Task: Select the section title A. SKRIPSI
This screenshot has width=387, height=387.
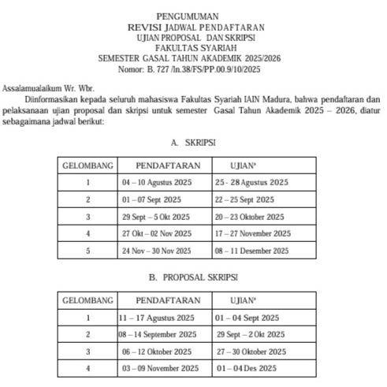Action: [193, 144]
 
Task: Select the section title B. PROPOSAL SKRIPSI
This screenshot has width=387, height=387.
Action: [193, 278]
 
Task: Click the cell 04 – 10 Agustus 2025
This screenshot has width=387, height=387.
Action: [157, 183]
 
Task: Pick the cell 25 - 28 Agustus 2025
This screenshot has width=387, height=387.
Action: [251, 183]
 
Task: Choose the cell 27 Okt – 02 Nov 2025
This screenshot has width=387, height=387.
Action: [157, 234]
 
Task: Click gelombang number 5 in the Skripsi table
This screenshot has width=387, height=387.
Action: [88, 251]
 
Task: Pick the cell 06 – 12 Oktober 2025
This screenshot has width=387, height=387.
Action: [156, 352]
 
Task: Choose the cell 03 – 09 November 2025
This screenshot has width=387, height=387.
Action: [161, 369]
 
